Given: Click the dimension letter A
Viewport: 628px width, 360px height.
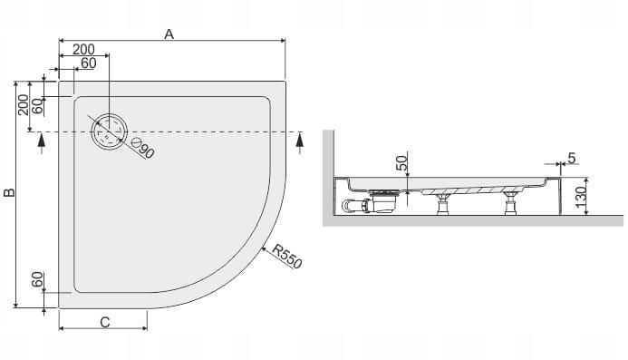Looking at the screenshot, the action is click(x=169, y=34).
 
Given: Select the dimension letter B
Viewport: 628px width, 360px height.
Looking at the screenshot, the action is click(x=9, y=192).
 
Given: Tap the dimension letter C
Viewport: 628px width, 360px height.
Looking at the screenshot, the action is click(x=105, y=322).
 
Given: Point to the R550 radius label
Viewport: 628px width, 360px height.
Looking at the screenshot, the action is click(x=286, y=257).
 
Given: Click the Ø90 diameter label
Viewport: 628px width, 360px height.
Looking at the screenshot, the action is click(x=143, y=148).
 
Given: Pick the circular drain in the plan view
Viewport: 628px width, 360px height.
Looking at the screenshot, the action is click(x=109, y=131).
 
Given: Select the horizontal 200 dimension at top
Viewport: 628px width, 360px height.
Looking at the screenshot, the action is click(x=83, y=49).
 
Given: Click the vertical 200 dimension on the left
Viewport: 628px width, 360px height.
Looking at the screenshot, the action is click(x=24, y=105).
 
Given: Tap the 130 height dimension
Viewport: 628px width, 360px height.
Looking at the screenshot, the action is click(x=581, y=196).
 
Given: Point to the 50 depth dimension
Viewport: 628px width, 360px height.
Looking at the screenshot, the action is click(x=401, y=163).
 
